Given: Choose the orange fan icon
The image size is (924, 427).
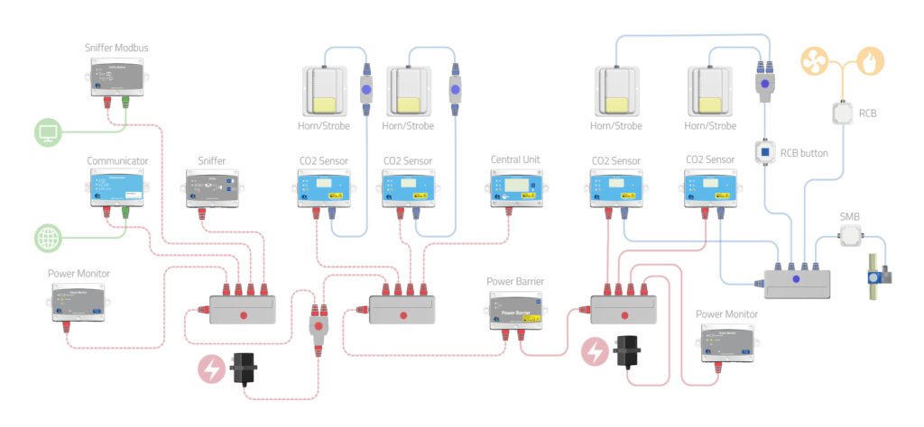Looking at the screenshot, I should (x=815, y=61).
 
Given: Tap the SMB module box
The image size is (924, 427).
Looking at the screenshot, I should (x=851, y=237).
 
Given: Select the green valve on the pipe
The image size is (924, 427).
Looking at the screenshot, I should (x=874, y=275).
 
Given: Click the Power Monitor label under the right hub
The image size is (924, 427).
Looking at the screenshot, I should (x=726, y=313).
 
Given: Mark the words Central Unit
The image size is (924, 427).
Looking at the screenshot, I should (x=516, y=160).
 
